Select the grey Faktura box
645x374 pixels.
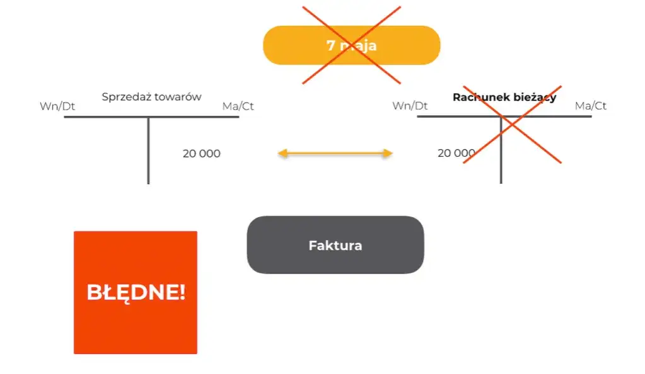[335, 245]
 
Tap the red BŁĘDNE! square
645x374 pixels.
[136, 292]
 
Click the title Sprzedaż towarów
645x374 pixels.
[151, 97]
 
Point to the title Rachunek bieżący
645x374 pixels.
[504, 98]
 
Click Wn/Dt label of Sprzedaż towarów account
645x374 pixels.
[57, 106]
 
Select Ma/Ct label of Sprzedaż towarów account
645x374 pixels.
[238, 106]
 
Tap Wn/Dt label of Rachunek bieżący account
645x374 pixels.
[410, 106]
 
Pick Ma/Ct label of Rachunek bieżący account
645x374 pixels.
[591, 106]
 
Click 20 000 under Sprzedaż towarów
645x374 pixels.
[202, 154]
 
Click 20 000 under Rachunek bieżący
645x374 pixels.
[456, 153]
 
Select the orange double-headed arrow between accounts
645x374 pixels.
[335, 153]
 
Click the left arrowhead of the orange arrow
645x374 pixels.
[282, 153]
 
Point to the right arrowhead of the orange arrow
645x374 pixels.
[388, 153]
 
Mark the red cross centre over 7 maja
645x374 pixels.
[352, 45]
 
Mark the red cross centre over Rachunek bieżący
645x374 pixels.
[512, 124]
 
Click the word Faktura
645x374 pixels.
[335, 246]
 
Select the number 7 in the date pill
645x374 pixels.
[330, 46]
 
